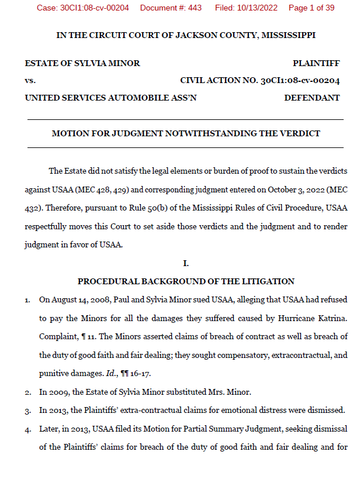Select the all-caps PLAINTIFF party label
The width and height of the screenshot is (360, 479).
tap(316, 63)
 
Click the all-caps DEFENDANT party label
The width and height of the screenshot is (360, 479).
tap(311, 98)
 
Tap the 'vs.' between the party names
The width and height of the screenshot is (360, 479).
tap(30, 81)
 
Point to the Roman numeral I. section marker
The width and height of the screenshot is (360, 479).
tap(185, 263)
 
